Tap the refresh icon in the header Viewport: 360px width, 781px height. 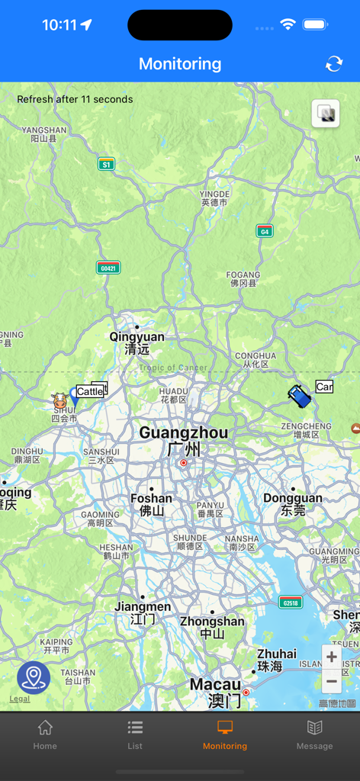point(334,64)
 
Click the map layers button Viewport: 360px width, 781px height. point(326,114)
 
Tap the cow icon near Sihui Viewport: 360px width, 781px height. point(59,400)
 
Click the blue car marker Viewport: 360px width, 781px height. point(299,395)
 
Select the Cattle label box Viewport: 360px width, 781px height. point(89,391)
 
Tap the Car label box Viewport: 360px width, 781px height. point(324,387)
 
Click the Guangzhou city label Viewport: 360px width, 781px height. point(183,433)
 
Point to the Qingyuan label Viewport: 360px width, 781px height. point(137,337)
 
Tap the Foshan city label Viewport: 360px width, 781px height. point(151,498)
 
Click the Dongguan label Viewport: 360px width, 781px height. point(293,498)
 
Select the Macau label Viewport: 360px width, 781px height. point(215,685)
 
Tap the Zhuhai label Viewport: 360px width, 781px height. point(276,654)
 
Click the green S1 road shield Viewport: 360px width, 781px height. point(106,164)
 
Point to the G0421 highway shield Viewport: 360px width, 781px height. point(108,268)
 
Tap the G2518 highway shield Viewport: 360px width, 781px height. point(291,603)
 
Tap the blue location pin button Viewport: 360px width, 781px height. point(34,677)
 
